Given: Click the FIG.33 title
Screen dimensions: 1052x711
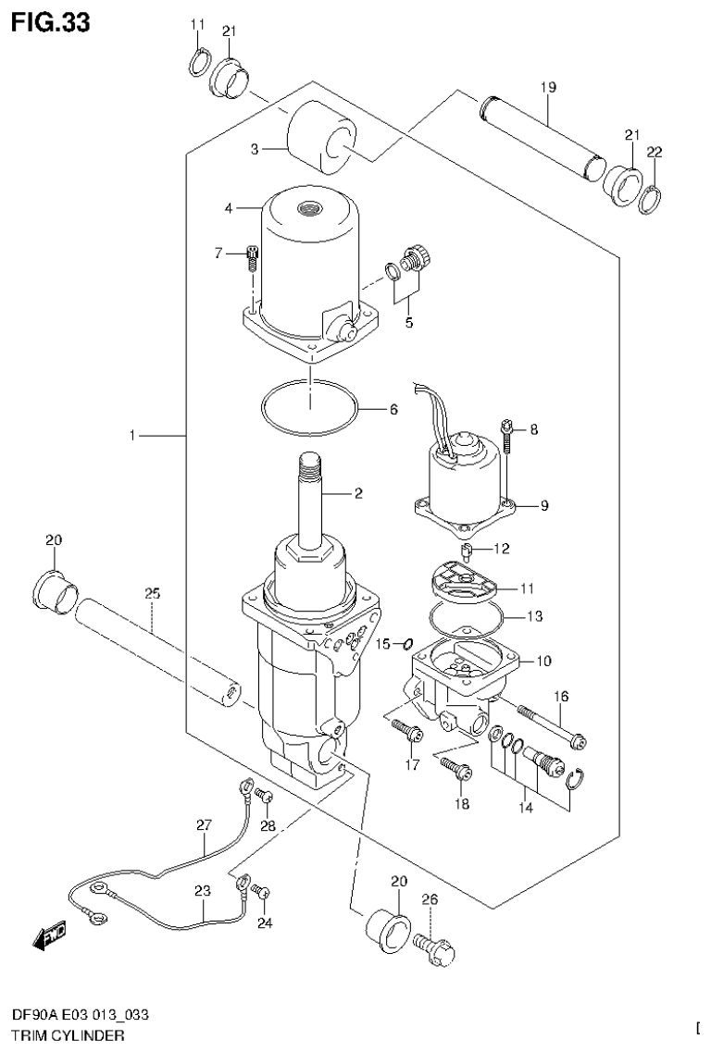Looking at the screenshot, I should coord(51,22).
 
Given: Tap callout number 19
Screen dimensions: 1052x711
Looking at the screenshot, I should coord(547,87).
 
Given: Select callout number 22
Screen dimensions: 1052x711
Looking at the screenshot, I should coord(655,152).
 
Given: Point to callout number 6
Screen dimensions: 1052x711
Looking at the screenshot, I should coord(393,408).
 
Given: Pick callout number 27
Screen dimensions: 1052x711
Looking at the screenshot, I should coord(205,823).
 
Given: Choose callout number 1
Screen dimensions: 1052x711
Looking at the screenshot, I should coord(134,434).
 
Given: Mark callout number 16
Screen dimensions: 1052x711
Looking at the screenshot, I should coord(561,696).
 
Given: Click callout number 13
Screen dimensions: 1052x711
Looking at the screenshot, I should coord(534,615).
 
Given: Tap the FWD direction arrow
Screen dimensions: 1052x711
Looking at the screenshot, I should coord(48,938).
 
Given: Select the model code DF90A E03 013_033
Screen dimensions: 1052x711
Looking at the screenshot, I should coord(78,1015).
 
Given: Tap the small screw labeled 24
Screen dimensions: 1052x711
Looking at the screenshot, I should coord(262,892).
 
